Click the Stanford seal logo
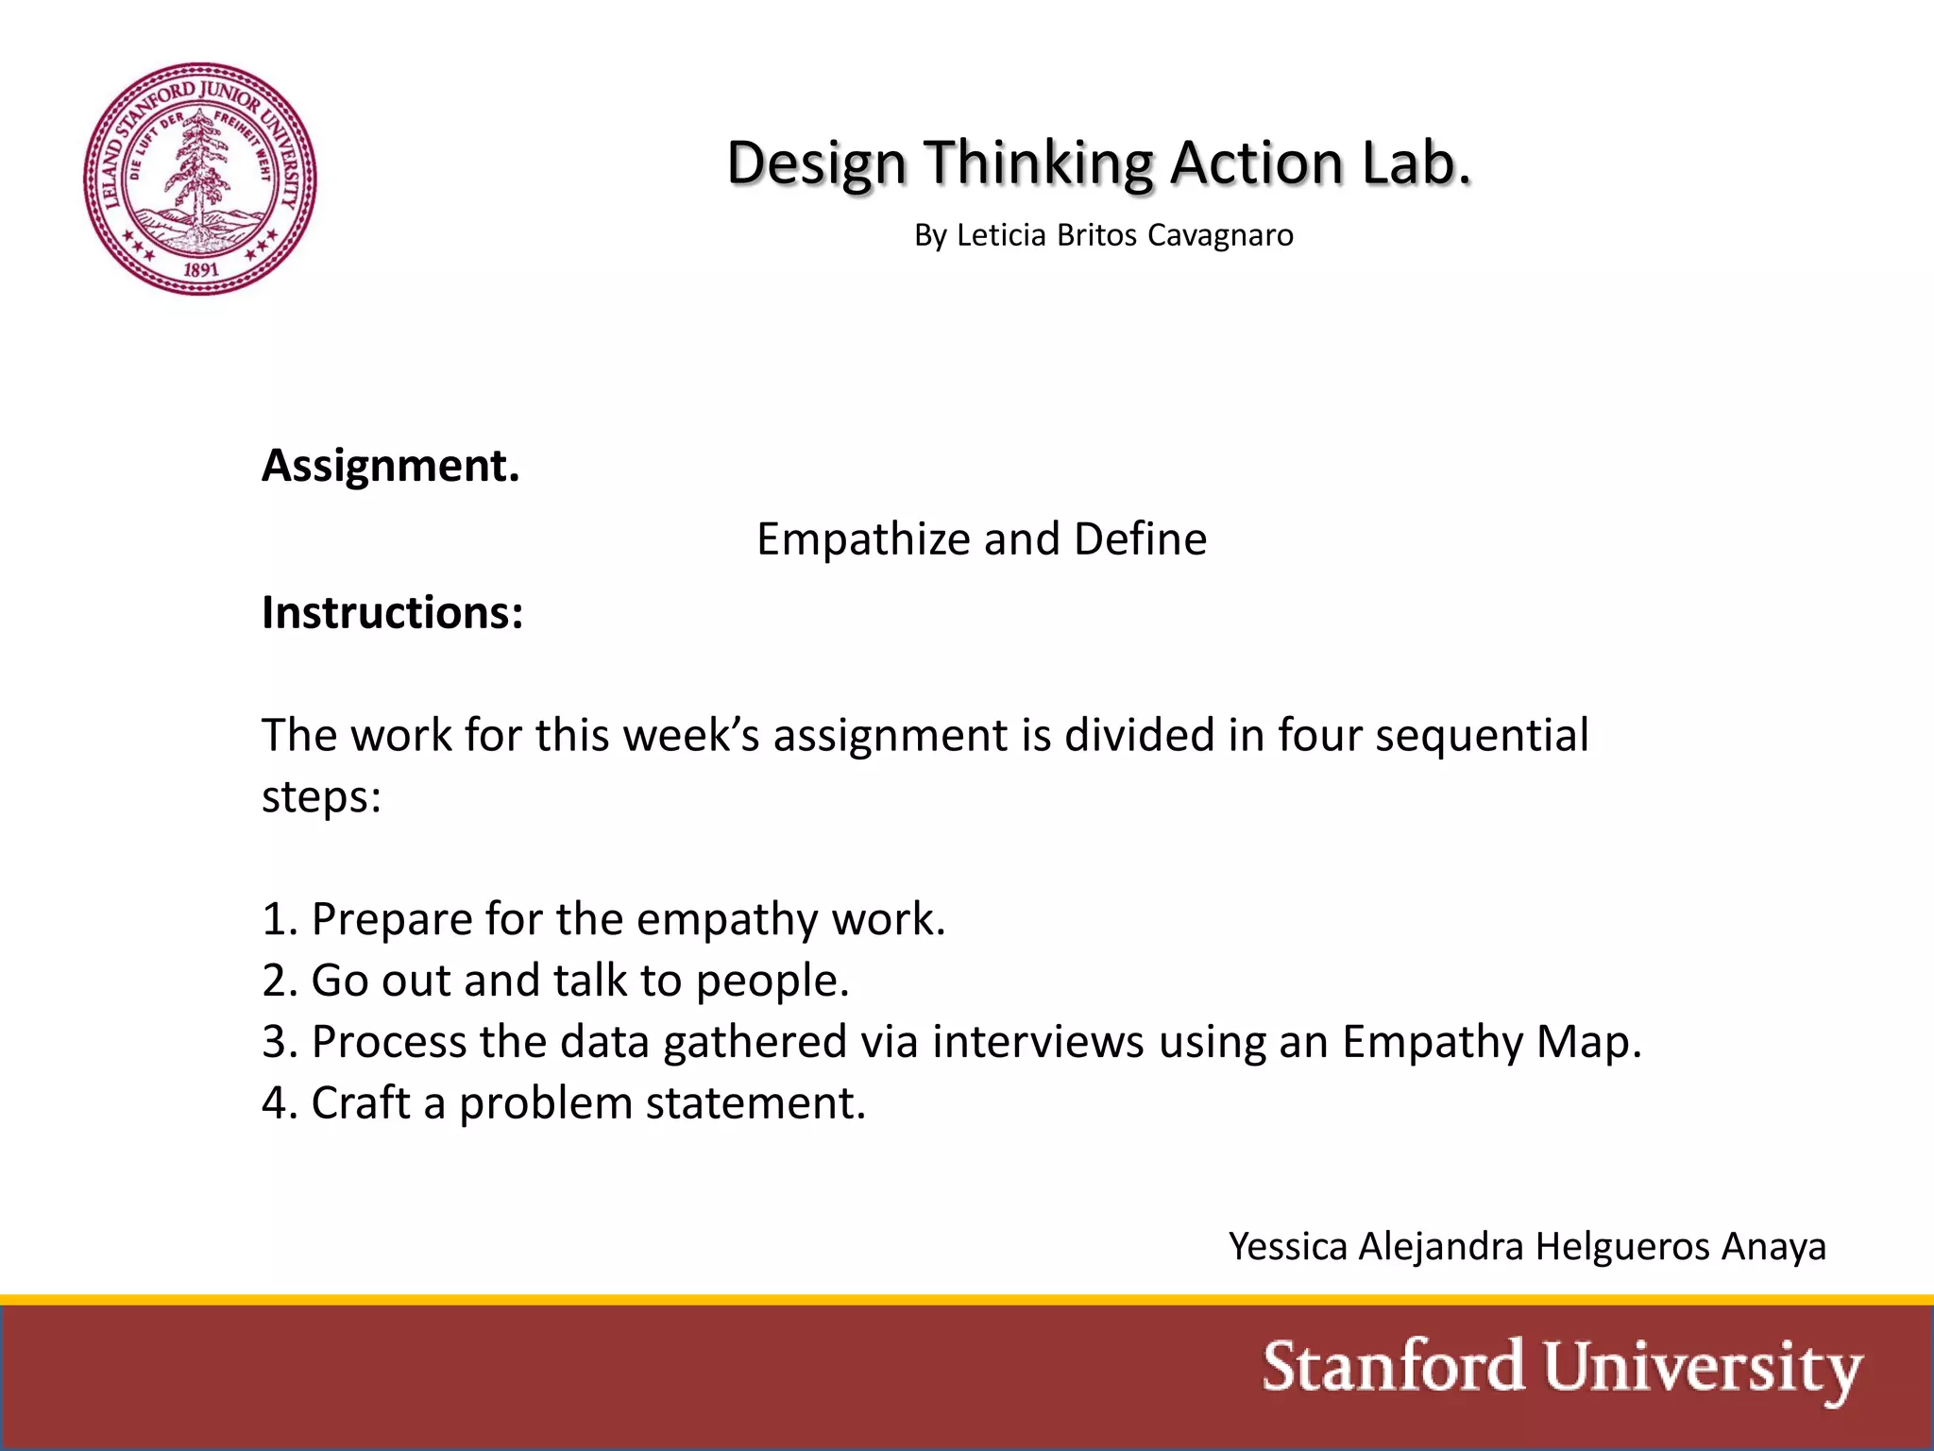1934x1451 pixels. (200, 179)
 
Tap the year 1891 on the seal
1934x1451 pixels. (200, 269)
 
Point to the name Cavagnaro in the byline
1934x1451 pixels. (1220, 235)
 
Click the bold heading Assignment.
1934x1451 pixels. (391, 466)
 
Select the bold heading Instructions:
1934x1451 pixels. (393, 612)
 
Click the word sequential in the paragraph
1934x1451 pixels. (1482, 736)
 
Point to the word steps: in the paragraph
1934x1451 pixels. (321, 796)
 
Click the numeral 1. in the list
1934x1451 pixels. (280, 919)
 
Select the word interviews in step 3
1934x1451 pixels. (1038, 1042)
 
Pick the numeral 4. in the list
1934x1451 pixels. (280, 1103)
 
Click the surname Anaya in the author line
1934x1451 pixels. (1773, 1247)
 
